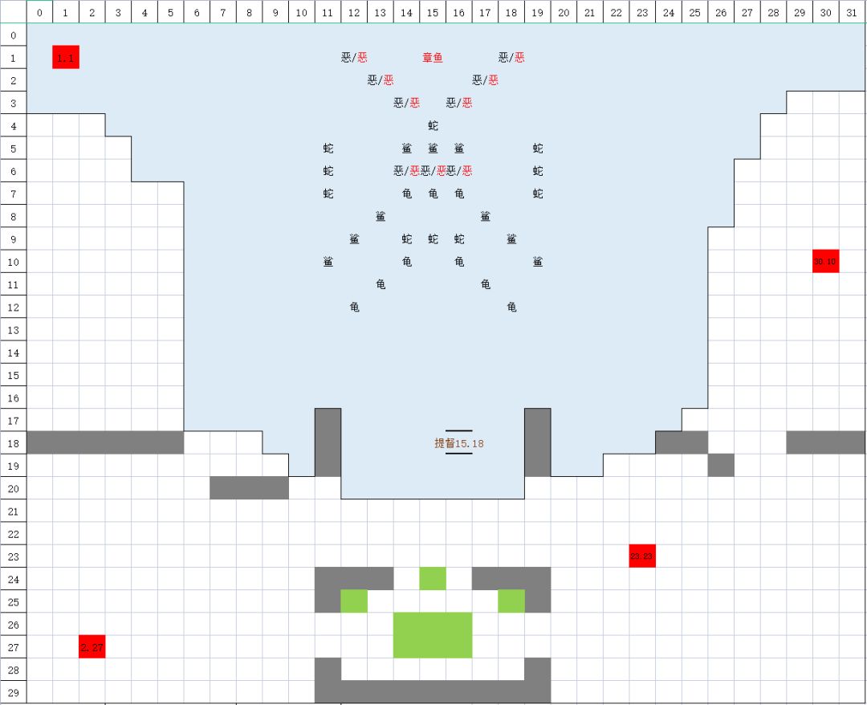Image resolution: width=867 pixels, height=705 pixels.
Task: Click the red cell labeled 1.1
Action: [x=66, y=57]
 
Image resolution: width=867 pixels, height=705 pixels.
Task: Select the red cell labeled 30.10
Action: [x=825, y=261]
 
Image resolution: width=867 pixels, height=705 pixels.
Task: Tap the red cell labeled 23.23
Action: [x=642, y=556]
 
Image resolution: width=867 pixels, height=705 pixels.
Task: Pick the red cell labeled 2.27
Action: [x=92, y=646]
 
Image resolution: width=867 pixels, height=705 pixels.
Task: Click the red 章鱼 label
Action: [x=433, y=58]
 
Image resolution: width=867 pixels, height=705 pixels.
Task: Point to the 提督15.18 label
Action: [x=459, y=442]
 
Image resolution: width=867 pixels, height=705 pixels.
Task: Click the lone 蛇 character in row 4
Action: [x=433, y=126]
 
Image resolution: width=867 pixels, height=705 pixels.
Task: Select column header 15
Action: [x=433, y=12]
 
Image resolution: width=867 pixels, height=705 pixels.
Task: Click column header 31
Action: [x=853, y=12]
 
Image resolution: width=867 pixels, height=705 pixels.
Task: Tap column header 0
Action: [x=39, y=12]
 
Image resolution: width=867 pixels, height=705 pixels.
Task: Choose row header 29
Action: [x=13, y=692]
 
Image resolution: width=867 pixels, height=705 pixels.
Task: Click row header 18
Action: [x=13, y=443]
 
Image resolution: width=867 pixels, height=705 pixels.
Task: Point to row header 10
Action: [x=13, y=262]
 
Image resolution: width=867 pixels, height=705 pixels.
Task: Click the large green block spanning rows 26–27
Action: [x=433, y=635]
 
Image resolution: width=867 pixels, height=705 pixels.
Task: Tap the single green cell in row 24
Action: [x=433, y=578]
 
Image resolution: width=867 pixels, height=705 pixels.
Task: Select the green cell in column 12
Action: [x=354, y=601]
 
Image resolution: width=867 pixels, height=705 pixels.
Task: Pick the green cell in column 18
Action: [x=511, y=601]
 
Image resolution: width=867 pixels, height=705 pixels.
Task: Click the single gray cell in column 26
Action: [x=721, y=465]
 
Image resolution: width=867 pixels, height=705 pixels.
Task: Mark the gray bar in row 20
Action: [x=249, y=487]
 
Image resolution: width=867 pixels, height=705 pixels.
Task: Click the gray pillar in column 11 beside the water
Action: [x=328, y=442]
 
